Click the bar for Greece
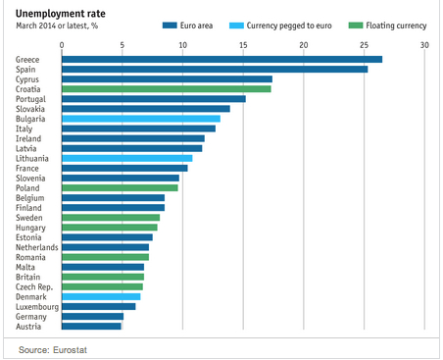tap(221, 59)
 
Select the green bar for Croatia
tap(167, 89)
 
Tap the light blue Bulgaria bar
tap(141, 119)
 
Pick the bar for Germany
tap(92, 317)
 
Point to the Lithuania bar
tap(127, 158)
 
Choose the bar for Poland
tap(120, 188)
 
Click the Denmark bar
tap(101, 296)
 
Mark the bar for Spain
tap(215, 70)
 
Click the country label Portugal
tap(30, 99)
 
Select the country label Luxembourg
tap(37, 307)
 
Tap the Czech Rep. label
tap(34, 287)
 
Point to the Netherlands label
tap(37, 247)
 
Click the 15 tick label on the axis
tap(243, 45)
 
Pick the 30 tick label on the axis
tap(424, 45)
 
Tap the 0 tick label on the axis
tap(62, 45)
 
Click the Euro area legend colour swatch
tap(170, 26)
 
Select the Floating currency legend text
tap(396, 26)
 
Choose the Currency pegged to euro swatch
tap(236, 26)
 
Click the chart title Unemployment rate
tap(61, 14)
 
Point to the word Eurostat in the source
tap(70, 350)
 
